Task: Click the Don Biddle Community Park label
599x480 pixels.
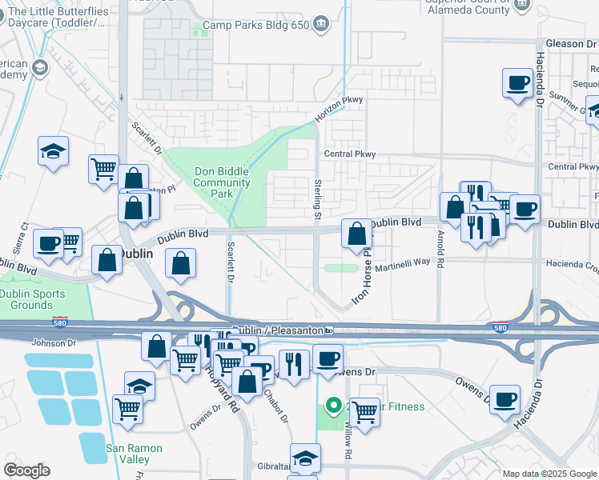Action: [x=222, y=182]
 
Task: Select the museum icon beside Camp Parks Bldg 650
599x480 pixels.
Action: [x=320, y=24]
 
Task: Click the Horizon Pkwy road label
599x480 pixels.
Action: [x=338, y=110]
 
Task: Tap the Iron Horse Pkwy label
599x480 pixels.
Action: [x=362, y=276]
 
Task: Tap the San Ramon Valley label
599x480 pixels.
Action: [x=134, y=454]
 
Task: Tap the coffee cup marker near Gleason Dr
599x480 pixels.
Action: [x=518, y=82]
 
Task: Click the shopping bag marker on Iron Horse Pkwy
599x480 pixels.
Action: [x=357, y=234]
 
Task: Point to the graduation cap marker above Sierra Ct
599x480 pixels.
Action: [x=53, y=150]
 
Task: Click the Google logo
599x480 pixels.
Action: [x=26, y=470]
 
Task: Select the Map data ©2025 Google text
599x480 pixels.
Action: [x=549, y=474]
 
